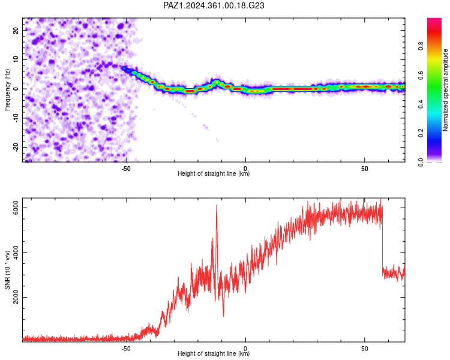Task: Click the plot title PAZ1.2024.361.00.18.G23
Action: click(214, 5)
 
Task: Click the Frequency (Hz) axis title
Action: click(7, 90)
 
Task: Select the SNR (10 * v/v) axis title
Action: click(7, 270)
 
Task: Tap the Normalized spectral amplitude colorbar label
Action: click(445, 90)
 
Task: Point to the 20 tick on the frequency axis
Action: click(16, 30)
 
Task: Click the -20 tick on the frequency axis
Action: click(16, 148)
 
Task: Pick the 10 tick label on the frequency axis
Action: click(16, 59)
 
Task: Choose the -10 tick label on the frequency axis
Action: click(16, 118)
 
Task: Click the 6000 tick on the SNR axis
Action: click(16, 208)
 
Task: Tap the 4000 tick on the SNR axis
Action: click(16, 253)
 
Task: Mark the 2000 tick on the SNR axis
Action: click(16, 297)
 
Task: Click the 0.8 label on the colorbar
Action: click(421, 46)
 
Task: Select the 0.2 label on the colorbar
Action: click(421, 133)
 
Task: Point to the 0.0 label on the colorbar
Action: click(421, 162)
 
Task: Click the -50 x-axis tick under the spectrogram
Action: click(126, 169)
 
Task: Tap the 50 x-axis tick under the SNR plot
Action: click(364, 349)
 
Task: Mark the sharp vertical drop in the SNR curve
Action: click(383, 247)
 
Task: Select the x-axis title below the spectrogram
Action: click(214, 173)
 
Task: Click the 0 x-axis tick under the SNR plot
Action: click(245, 349)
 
